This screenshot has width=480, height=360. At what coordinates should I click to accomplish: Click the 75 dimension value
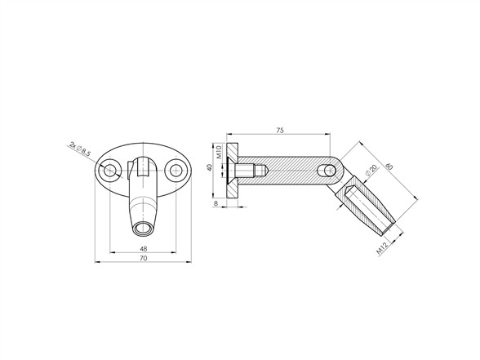(280, 130)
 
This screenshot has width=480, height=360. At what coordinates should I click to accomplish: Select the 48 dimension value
(144, 248)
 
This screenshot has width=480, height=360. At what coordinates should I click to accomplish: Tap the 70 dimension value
(144, 258)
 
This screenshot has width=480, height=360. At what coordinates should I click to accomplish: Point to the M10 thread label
(219, 152)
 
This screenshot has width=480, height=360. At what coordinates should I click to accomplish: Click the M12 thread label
(382, 247)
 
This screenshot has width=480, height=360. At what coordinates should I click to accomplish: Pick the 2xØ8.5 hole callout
(80, 149)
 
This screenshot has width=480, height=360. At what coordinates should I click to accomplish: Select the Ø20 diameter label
(371, 170)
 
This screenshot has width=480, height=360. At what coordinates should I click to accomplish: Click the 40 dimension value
(209, 167)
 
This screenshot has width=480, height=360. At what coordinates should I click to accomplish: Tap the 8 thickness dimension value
(216, 203)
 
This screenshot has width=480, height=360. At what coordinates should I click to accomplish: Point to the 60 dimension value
(389, 167)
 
